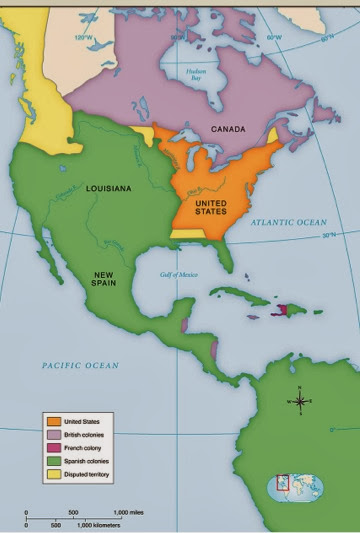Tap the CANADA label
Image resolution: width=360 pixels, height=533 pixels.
(229, 129)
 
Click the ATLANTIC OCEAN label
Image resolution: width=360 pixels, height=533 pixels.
(289, 221)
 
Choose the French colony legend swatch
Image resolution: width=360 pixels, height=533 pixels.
(49, 448)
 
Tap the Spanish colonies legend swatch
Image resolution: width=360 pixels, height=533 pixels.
(49, 461)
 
